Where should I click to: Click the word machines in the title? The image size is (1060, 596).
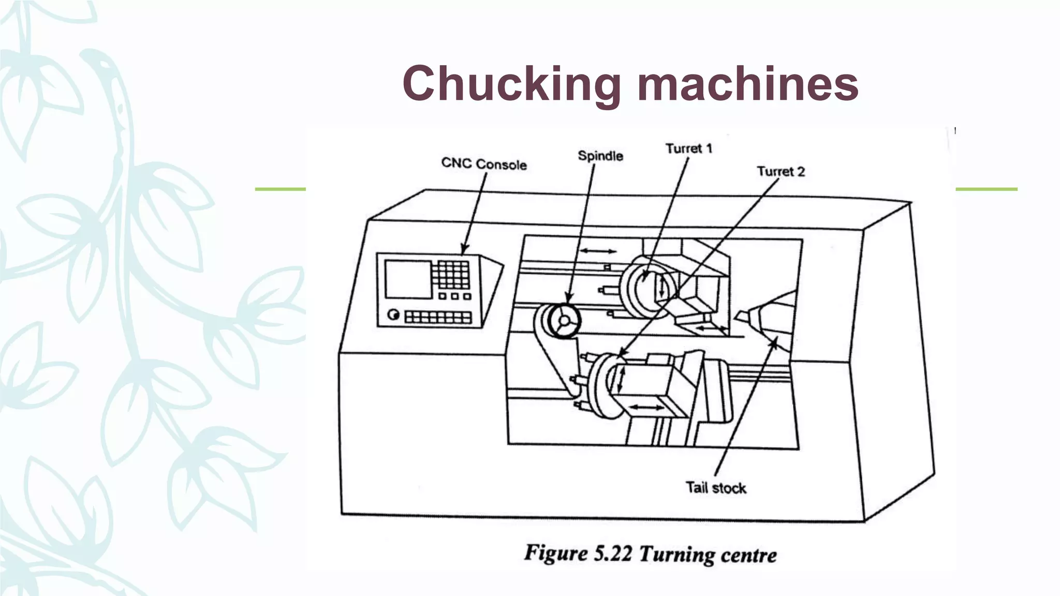tap(747, 84)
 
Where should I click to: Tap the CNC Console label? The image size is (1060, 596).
tap(484, 164)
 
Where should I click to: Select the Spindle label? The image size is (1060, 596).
tap(600, 156)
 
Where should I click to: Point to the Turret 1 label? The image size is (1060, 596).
tap(689, 148)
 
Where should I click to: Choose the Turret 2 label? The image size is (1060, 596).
tap(781, 171)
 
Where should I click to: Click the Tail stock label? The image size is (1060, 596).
tap(716, 487)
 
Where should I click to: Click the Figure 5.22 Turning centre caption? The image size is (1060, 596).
tap(650, 554)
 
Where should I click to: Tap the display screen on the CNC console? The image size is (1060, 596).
tap(408, 279)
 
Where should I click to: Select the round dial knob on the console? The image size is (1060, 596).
tap(393, 315)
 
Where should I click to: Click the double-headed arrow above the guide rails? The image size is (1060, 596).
tap(598, 251)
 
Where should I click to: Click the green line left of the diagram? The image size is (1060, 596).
tap(280, 189)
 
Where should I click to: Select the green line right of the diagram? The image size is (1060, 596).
tap(986, 189)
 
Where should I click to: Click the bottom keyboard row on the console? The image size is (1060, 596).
tap(438, 317)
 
